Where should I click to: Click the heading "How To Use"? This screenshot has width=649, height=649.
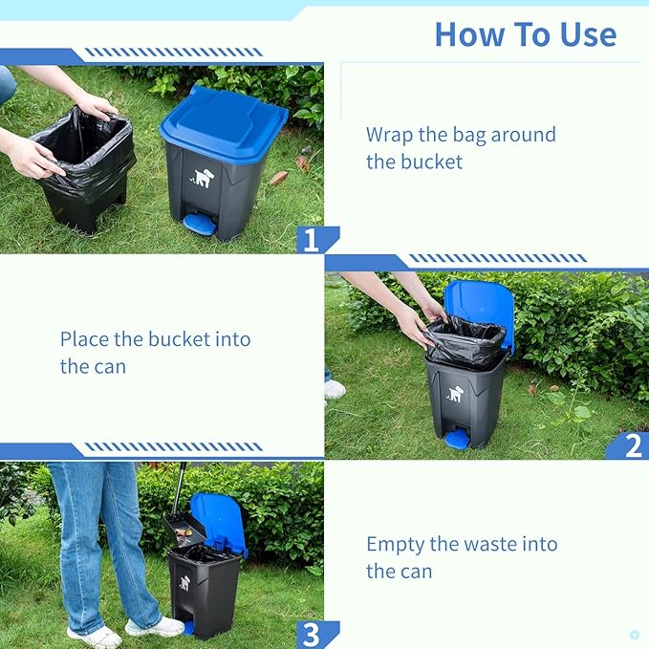coord(526,34)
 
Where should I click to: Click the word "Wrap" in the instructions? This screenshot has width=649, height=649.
coord(389,135)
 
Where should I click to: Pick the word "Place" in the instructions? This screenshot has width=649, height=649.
coord(84,339)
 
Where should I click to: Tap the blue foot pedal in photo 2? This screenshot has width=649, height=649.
coord(455,439)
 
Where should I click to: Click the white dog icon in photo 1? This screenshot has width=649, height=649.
coord(203,178)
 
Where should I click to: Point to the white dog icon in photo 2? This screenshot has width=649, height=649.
coord(454,394)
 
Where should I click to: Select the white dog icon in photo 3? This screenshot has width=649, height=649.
coord(184,583)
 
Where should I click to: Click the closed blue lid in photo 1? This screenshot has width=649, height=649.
coord(224,122)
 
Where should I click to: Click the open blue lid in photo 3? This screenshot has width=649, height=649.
coord(220,522)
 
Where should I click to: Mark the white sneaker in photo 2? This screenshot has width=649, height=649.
coord(335,389)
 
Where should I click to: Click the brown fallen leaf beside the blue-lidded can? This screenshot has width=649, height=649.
coord(278,178)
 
